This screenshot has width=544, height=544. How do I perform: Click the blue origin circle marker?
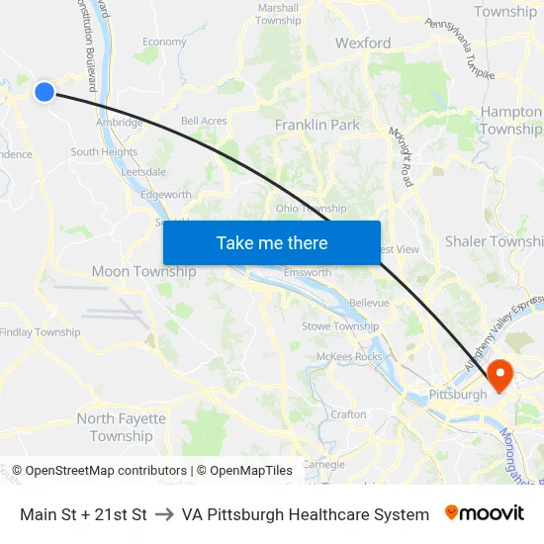click(44, 92)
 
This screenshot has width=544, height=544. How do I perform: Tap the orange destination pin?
click(499, 374)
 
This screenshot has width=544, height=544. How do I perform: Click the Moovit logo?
click(485, 513)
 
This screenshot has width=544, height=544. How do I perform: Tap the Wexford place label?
click(363, 44)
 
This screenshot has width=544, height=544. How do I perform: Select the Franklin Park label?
click(317, 126)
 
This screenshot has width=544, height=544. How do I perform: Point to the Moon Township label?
click(143, 272)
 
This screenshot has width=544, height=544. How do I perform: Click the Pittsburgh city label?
click(457, 395)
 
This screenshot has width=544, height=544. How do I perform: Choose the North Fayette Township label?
click(122, 427)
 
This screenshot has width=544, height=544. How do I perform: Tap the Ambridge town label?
click(120, 124)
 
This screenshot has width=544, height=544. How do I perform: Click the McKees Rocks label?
click(348, 357)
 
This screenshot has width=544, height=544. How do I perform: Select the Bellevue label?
click(369, 302)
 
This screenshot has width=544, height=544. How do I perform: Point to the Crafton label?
click(348, 414)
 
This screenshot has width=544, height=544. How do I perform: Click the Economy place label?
click(164, 43)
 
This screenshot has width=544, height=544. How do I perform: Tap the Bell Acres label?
click(204, 122)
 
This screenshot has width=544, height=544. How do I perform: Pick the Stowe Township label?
click(340, 326)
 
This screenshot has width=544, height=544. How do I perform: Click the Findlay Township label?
click(41, 332)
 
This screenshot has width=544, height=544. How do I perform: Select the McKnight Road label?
click(401, 156)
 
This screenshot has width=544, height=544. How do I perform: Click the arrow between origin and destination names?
click(164, 514)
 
